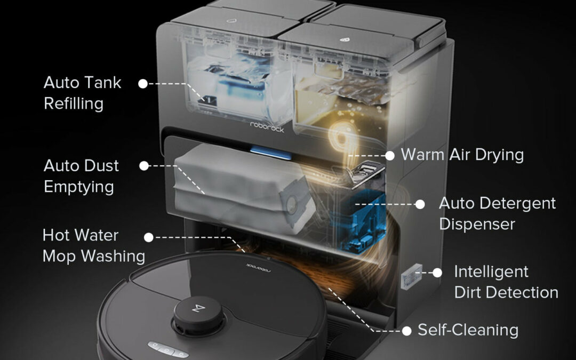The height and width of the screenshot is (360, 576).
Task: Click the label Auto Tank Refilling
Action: pos(82,93)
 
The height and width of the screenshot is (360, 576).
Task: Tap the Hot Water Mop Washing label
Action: pos(93,245)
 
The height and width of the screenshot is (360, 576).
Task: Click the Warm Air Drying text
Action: pos(462,155)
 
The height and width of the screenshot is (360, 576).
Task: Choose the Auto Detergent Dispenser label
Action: pos(497,213)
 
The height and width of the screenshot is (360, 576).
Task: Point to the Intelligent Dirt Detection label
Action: pos(506,282)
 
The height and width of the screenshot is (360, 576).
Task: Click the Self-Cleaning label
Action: pos(468,330)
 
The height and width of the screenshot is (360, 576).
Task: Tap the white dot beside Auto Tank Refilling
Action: pos(143,83)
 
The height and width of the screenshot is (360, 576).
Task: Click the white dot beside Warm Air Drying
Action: pos(390,155)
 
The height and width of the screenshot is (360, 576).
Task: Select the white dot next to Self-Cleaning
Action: pos(406,331)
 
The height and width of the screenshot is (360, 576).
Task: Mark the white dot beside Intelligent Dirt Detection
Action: pos(437,272)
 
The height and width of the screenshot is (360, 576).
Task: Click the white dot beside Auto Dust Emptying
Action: pos(144,166)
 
